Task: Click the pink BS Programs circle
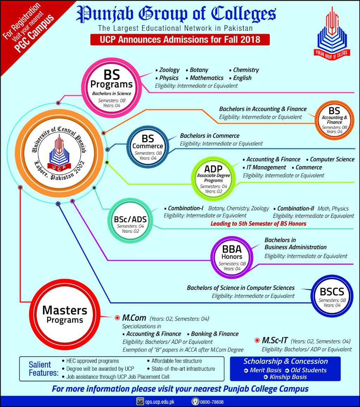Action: coord(112,88)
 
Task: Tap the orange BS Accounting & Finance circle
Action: coord(334,120)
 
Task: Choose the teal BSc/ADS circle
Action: coord(130,221)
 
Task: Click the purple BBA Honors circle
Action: coord(232,257)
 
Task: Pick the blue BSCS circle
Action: coord(332,296)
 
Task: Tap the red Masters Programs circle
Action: coord(65,315)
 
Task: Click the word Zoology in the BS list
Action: coord(169,70)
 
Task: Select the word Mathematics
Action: coord(207,78)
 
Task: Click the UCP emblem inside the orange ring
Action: coord(59,153)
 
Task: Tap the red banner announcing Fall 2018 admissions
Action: coord(180,40)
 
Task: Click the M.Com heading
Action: coord(134,318)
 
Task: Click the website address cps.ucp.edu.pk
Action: coord(160,402)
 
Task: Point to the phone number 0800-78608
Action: coord(212,402)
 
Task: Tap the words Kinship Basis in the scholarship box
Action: coord(288,377)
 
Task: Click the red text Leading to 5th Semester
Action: coord(258,223)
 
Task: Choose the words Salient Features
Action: coord(43,369)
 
